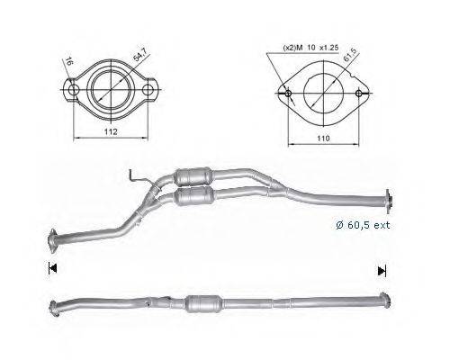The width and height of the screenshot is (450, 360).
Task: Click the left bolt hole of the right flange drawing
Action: (x=285, y=94)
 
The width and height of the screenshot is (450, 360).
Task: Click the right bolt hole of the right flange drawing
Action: (x=359, y=94)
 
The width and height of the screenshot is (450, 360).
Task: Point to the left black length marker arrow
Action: (x=52, y=268)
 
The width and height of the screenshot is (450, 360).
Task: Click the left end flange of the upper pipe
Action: (x=52, y=238)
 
